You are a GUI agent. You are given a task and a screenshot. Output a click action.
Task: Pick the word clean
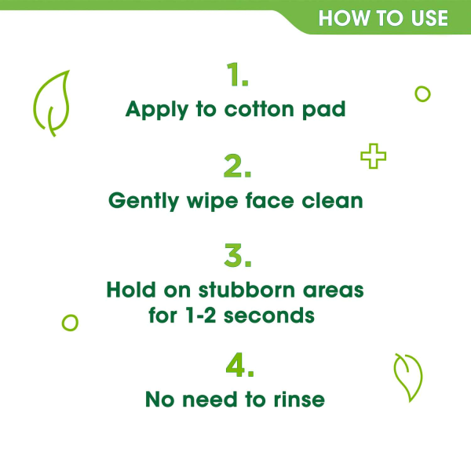click(334, 200)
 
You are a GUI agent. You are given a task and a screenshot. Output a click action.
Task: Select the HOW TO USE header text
click(383, 17)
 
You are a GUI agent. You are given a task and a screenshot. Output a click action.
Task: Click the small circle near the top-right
click(422, 94)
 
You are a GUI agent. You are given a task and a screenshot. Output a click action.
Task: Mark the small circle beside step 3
click(70, 322)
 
